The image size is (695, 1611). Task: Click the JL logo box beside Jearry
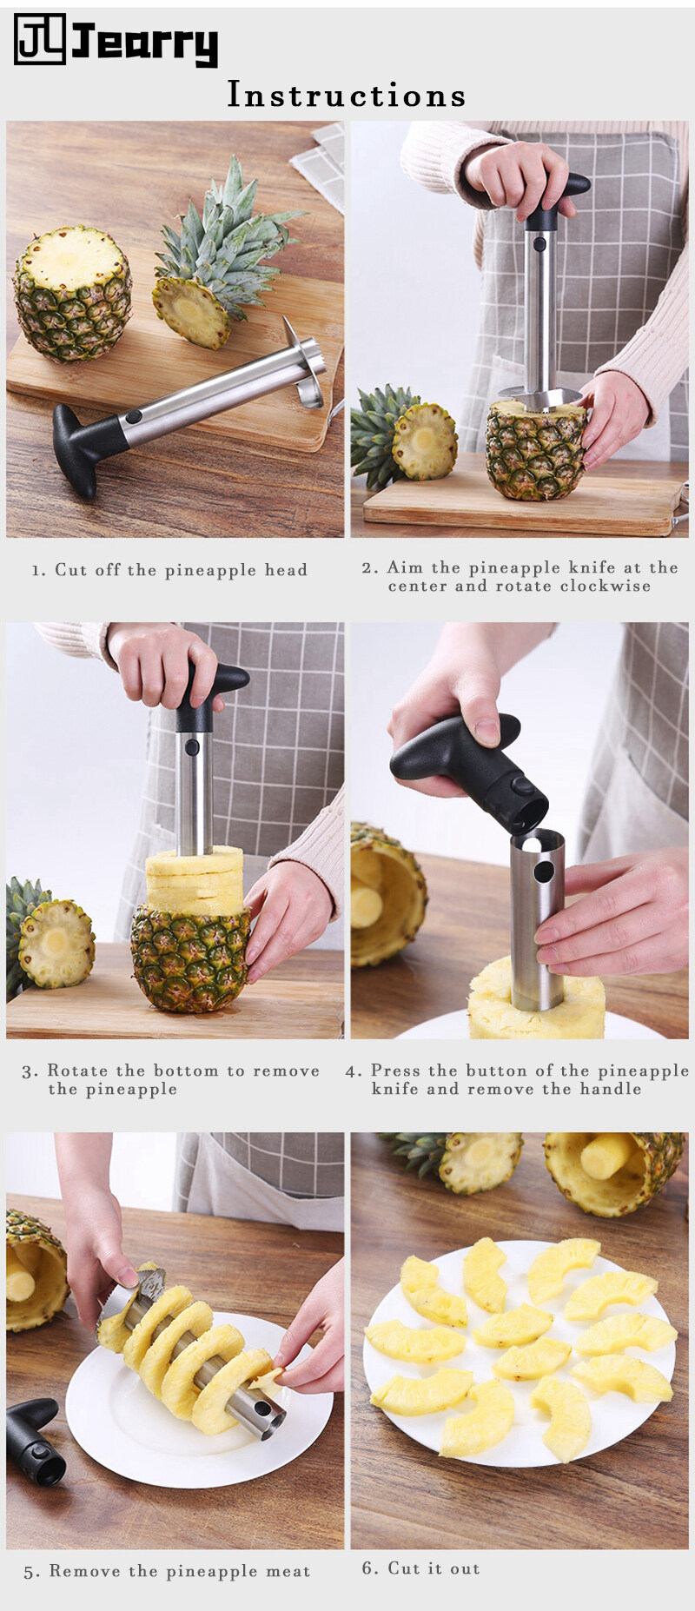pos(40,39)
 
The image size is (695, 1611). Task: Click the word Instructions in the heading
pos(347,95)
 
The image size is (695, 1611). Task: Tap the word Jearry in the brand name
pos(144,43)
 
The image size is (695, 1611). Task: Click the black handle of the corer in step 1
pos(88,446)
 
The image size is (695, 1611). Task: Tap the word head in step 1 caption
pos(287,570)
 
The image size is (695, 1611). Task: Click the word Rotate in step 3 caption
pos(76,1071)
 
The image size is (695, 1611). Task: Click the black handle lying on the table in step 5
pos(36,1442)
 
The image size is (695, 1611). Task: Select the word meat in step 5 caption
pos(288,1571)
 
